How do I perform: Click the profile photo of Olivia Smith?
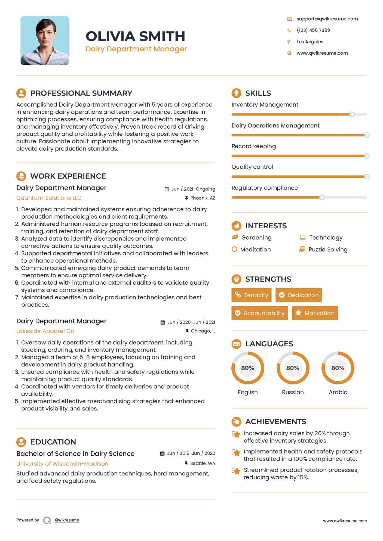point(45,41)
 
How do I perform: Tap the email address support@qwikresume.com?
point(327,19)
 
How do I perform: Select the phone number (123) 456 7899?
point(313,30)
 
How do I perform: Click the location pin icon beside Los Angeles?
point(289,42)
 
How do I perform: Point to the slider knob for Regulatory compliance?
point(321,197)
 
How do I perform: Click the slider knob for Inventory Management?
point(352,114)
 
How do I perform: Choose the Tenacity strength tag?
point(252,295)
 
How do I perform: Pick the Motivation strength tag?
point(315,313)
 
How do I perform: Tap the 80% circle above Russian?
point(293,368)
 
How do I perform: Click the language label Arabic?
point(338,392)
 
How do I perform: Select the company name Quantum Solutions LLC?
point(49,198)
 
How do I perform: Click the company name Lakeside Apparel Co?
point(45,331)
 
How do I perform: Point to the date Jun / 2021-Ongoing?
point(193,189)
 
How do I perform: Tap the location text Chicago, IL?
point(203,331)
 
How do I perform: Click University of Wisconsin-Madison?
point(62,464)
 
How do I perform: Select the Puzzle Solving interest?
point(328,250)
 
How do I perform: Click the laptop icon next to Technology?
point(302,237)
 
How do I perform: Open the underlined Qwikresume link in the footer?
point(67,520)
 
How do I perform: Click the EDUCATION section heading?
point(53,442)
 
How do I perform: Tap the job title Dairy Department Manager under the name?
point(136,49)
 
